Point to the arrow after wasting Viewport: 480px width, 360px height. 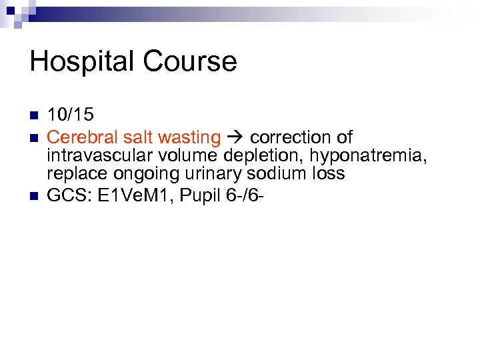235,138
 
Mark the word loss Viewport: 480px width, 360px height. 328,174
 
